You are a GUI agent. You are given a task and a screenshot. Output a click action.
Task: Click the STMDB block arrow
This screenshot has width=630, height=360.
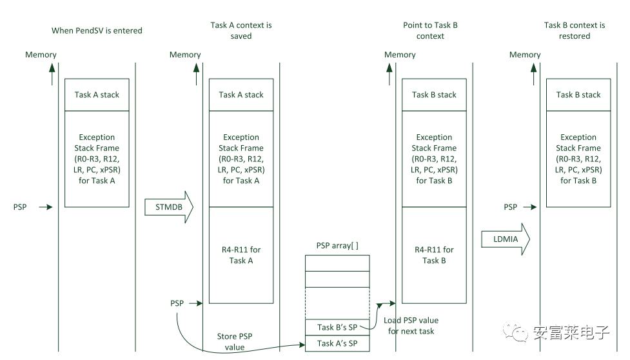click(169, 207)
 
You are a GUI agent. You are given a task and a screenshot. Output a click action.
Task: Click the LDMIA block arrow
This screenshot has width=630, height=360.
click(506, 239)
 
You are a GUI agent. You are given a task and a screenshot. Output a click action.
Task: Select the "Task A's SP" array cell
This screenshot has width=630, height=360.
click(337, 343)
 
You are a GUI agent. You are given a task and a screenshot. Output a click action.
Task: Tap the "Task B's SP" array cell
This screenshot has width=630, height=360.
click(337, 328)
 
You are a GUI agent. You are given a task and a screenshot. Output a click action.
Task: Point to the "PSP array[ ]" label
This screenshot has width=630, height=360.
click(337, 246)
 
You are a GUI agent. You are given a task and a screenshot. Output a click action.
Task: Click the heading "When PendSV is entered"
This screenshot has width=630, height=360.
click(97, 30)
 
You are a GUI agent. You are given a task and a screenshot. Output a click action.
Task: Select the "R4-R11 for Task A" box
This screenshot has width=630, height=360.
click(241, 255)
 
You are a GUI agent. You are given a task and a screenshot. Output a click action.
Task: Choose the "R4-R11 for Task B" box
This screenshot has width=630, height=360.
click(434, 255)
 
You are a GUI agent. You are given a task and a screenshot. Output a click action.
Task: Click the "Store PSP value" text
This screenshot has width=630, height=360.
click(235, 341)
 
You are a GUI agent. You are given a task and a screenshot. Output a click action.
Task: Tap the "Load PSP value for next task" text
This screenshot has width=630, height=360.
click(411, 326)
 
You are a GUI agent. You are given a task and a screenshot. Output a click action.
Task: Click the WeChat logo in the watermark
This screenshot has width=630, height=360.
click(515, 332)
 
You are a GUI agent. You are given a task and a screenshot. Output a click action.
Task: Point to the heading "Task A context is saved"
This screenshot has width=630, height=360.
click(241, 30)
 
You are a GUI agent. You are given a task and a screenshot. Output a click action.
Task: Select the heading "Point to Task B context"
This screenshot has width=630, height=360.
click(430, 30)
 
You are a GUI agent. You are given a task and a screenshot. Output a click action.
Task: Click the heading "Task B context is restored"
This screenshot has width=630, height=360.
click(575, 30)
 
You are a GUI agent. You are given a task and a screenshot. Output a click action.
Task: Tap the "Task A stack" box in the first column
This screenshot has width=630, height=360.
click(97, 95)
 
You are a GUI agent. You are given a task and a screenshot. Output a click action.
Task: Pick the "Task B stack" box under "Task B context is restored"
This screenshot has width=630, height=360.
click(578, 95)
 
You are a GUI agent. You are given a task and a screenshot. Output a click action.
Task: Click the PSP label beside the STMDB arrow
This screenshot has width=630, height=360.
click(20, 207)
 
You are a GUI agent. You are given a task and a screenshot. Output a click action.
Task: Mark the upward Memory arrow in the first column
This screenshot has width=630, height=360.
click(52, 74)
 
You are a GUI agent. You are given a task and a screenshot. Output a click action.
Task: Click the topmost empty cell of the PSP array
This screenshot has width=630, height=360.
click(337, 263)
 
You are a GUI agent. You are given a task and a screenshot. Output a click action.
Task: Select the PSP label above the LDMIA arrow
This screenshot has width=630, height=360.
click(510, 207)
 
